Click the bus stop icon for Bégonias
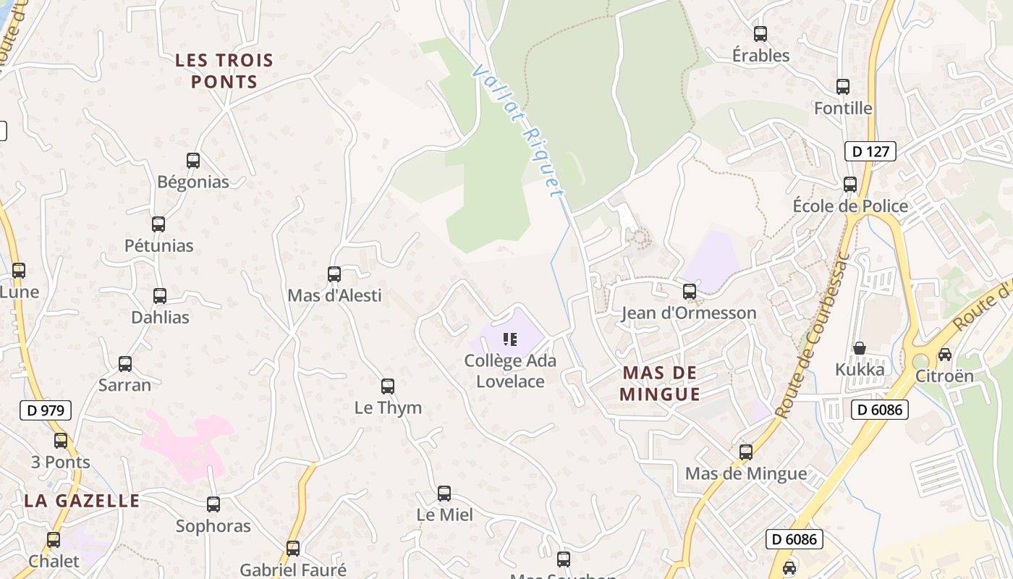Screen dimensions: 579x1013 (193, 161)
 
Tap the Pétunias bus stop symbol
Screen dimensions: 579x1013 (158, 224)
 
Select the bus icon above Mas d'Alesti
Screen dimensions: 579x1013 (334, 274)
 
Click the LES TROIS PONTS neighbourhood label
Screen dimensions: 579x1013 (224, 71)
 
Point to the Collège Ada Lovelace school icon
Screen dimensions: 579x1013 (510, 339)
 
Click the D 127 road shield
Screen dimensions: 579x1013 (870, 151)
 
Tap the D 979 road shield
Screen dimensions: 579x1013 (45, 410)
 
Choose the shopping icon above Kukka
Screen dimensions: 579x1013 (860, 348)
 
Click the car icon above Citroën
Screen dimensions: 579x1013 (944, 355)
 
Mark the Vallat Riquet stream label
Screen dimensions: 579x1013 (517, 130)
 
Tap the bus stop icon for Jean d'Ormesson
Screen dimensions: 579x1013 (690, 292)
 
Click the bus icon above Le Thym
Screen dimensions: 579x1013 (388, 386)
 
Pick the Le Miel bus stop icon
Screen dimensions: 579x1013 (444, 494)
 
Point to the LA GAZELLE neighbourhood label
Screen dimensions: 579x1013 (82, 501)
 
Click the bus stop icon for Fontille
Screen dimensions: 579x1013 (843, 87)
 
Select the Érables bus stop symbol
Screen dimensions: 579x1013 (760, 34)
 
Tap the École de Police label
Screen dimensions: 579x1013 (850, 206)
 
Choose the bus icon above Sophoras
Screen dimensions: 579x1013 (213, 504)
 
